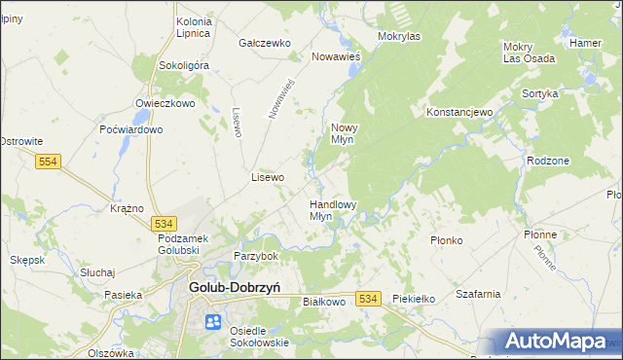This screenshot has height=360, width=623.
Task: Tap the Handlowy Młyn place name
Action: click(x=333, y=210)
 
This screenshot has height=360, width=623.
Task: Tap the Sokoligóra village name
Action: click(x=184, y=65)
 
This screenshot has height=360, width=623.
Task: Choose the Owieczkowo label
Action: click(x=166, y=102)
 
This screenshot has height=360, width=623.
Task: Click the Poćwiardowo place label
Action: click(x=130, y=129)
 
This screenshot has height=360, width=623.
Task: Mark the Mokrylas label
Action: click(x=398, y=36)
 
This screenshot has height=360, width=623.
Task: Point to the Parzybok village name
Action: click(x=256, y=256)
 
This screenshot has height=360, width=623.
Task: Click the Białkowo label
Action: click(x=325, y=302)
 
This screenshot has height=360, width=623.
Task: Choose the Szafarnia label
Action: click(x=477, y=294)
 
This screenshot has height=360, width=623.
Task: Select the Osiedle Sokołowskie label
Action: click(x=260, y=336)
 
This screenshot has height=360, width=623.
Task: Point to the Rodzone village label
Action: click(x=546, y=161)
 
